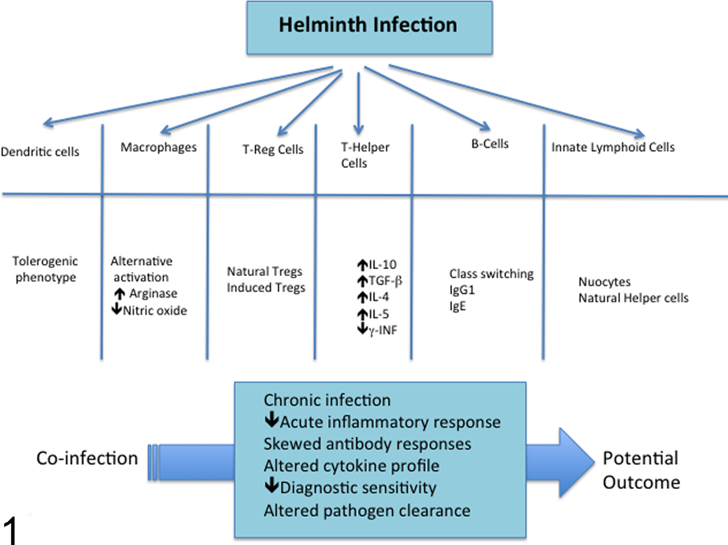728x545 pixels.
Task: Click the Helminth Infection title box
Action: tap(369, 28)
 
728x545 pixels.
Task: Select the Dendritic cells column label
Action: tap(40, 152)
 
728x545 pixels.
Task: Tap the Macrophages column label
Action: tap(159, 148)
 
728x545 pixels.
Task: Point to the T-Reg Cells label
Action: tap(273, 149)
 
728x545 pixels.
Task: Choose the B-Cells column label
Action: tap(490, 144)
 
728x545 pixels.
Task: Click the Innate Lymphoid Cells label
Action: tap(613, 147)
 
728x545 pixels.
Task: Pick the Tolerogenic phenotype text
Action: tap(45, 269)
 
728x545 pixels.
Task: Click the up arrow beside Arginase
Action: tap(120, 294)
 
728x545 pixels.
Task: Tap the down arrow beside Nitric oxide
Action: tap(116, 308)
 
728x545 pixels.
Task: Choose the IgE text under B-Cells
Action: tap(458, 306)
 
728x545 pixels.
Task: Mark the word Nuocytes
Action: tap(605, 282)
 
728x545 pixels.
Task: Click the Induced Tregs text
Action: tap(266, 288)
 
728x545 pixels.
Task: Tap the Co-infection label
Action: tap(88, 459)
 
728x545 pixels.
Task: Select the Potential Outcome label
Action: tap(641, 470)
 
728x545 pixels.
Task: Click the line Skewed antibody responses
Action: tap(367, 444)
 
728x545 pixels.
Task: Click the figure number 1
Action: tap(11, 531)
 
